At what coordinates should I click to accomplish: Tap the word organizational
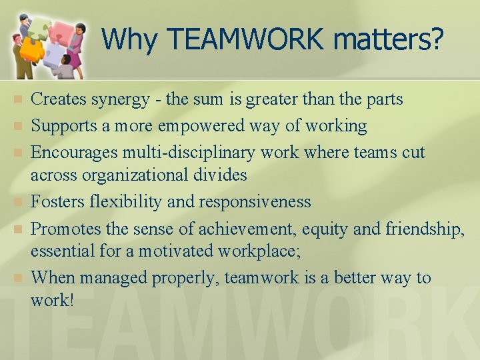point(147,175)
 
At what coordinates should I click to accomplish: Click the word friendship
point(424,229)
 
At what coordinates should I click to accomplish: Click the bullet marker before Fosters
point(18,201)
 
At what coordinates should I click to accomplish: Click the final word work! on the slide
point(52,300)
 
